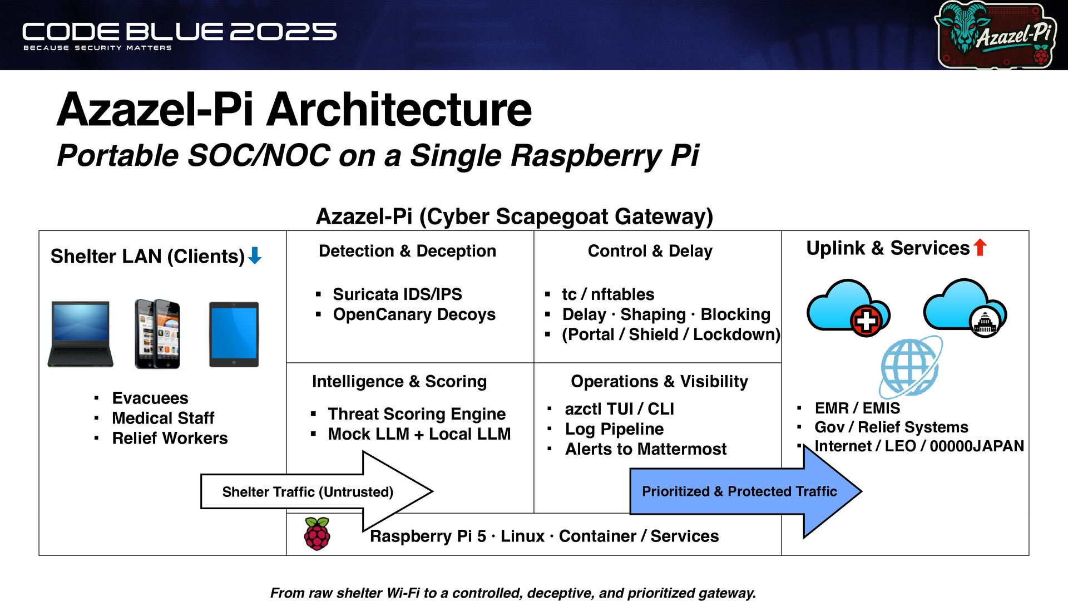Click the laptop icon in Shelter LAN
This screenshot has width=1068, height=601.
pyautogui.click(x=81, y=334)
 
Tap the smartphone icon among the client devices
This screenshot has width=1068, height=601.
pyautogui.click(x=157, y=334)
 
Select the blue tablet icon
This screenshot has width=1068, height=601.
pyautogui.click(x=234, y=334)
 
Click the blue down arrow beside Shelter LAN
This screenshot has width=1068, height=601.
pyautogui.click(x=255, y=255)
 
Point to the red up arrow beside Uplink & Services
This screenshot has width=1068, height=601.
pyautogui.click(x=980, y=247)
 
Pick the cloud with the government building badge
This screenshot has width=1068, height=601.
pyautogui.click(x=965, y=307)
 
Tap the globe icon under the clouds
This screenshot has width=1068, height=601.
pyautogui.click(x=911, y=366)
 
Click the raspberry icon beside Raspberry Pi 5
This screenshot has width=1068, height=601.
pyautogui.click(x=317, y=534)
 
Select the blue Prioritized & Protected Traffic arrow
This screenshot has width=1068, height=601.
pyautogui.click(x=745, y=491)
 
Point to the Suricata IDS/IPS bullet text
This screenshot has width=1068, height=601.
pyautogui.click(x=397, y=294)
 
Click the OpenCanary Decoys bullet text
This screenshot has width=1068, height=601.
pyautogui.click(x=414, y=314)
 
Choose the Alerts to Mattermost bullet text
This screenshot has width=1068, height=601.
pyautogui.click(x=645, y=449)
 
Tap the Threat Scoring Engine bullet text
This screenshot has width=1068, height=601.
pyautogui.click(x=417, y=414)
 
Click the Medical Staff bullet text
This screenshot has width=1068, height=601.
pyautogui.click(x=163, y=418)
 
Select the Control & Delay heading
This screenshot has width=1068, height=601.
pyautogui.click(x=650, y=251)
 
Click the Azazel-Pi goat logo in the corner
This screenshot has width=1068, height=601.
pyautogui.click(x=996, y=35)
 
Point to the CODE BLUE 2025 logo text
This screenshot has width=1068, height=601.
pyautogui.click(x=179, y=32)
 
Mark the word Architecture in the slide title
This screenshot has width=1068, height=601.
pyautogui.click(x=399, y=110)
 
